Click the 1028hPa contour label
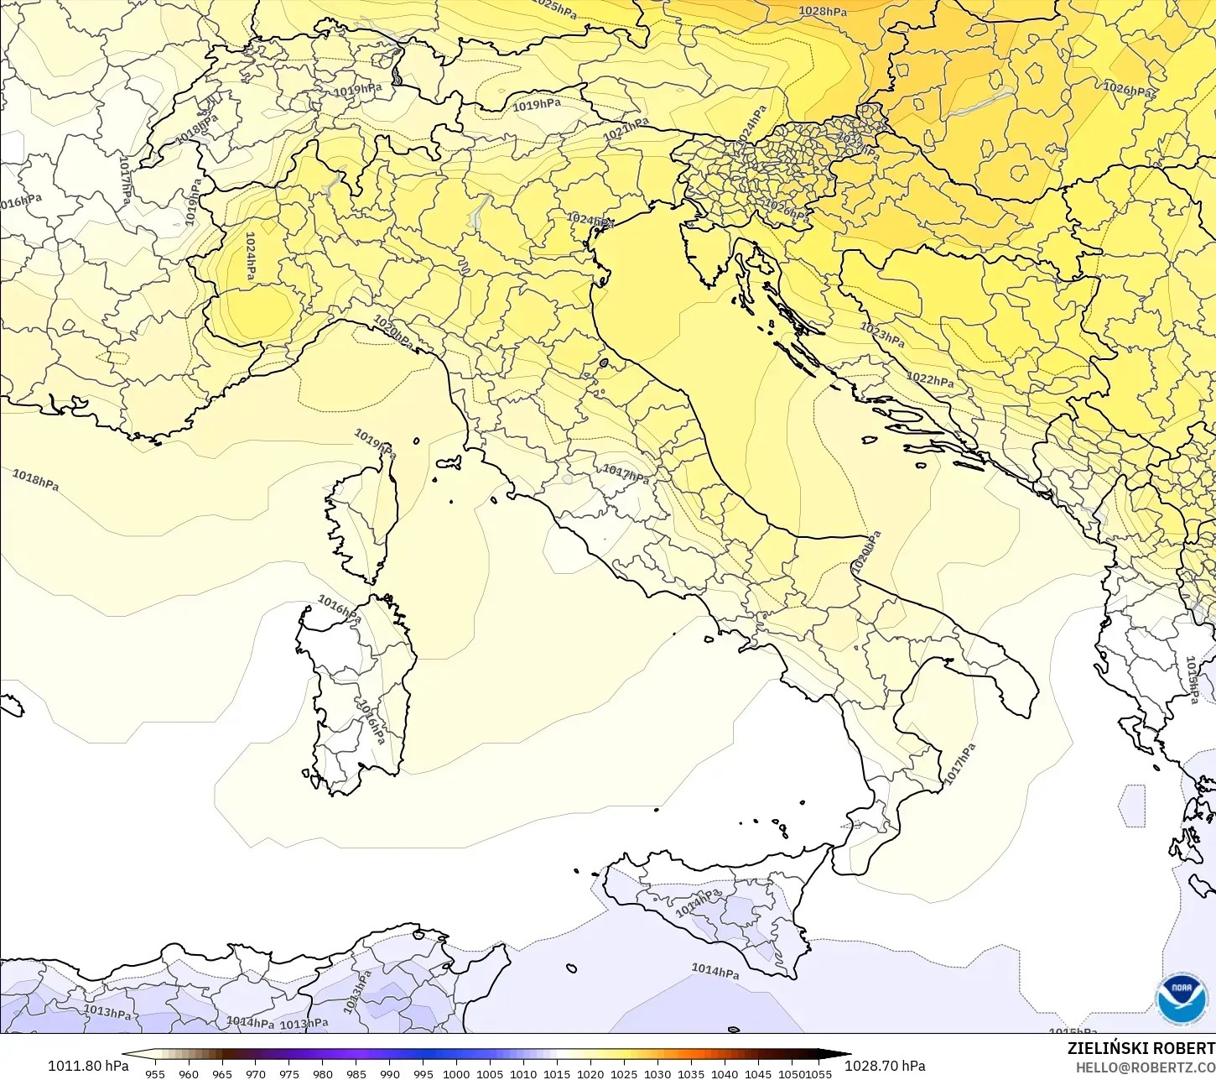(823, 11)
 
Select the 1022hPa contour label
(930, 379)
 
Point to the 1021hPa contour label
(626, 128)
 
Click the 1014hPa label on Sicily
(698, 903)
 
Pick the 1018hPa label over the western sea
(35, 480)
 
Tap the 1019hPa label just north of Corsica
(375, 442)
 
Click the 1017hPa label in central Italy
(626, 474)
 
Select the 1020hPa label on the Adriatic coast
(867, 553)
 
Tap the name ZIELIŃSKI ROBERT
(1141, 1049)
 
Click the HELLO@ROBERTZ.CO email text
(1146, 1067)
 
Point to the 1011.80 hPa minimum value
(88, 1066)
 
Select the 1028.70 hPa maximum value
(885, 1066)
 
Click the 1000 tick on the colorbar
(456, 1073)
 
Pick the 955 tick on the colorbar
(155, 1073)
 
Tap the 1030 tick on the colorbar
(657, 1073)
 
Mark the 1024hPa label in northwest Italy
(250, 256)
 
